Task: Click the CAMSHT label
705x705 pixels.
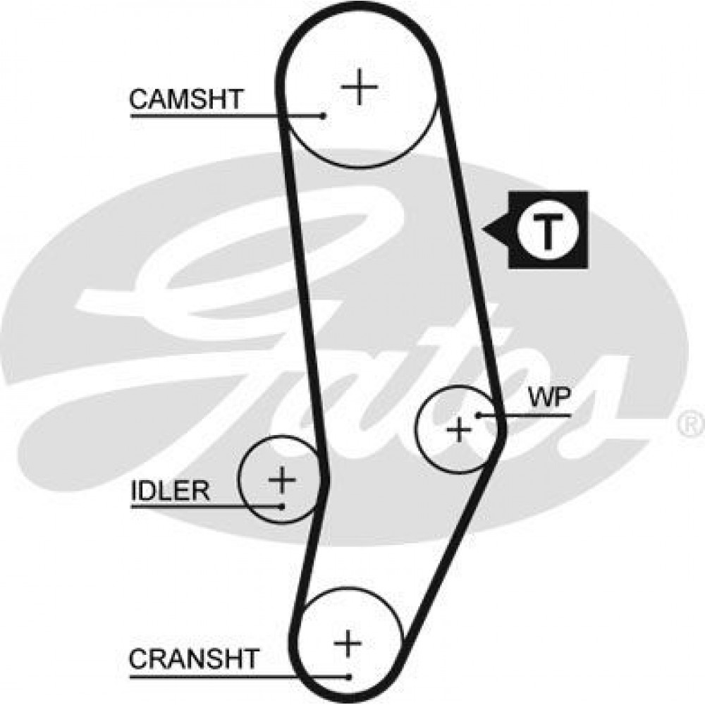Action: pos(186,99)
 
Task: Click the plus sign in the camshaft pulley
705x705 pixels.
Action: pos(360,87)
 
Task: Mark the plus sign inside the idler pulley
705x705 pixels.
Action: pos(282,480)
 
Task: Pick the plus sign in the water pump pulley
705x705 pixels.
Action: pos(460,429)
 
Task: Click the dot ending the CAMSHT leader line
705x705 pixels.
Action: pos(323,115)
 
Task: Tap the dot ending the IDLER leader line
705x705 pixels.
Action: pos(281,505)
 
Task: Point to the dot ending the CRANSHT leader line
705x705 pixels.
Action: pos(349,678)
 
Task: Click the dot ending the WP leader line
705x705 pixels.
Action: pos(478,415)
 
